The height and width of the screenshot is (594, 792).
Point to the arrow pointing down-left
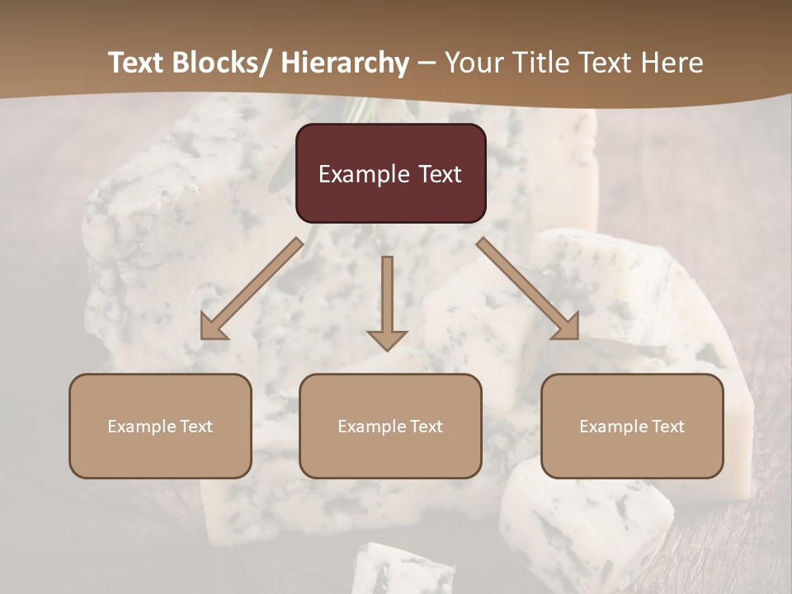point(251,289)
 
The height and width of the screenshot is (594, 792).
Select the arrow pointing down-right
point(528,289)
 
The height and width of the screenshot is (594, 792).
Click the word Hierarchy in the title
point(345,63)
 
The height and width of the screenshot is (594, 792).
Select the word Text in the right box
point(667,427)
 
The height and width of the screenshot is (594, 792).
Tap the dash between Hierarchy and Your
point(427,64)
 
